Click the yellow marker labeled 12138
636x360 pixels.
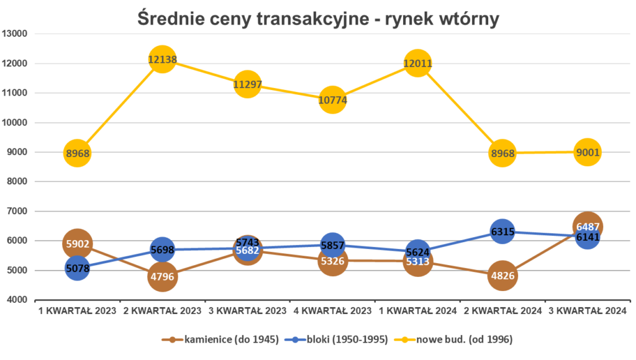coord(162,60)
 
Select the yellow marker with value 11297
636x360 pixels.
coord(247,84)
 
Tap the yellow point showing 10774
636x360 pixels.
coord(332,99)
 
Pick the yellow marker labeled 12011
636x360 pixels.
coord(417,63)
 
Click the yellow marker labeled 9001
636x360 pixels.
coord(587,152)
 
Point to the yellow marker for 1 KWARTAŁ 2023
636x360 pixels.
coord(77,153)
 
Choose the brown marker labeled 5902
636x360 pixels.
coord(77,244)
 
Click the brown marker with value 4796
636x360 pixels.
coord(162,276)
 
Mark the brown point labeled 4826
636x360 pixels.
coord(502,276)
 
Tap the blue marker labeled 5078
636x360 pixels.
coord(77,269)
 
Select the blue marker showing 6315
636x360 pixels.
coord(502,232)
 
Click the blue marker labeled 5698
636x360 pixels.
coord(162,250)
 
